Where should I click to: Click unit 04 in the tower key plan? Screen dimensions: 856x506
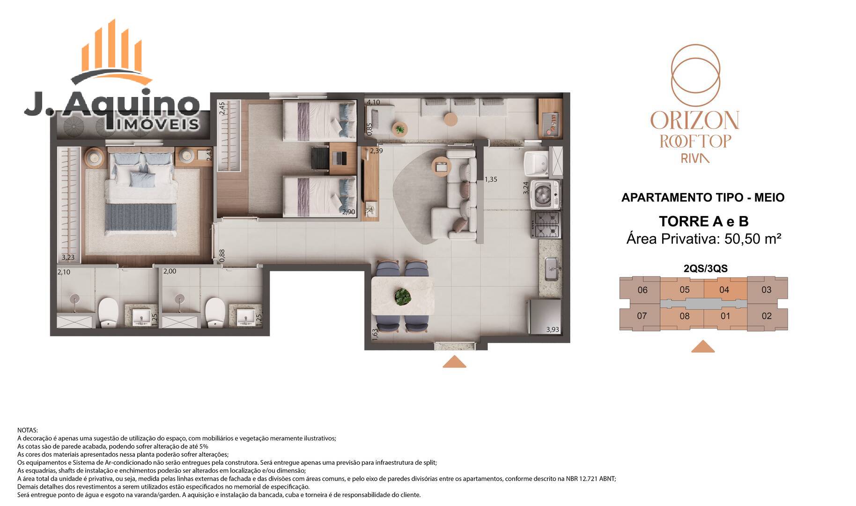[724, 290]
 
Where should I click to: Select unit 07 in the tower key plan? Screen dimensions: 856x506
[642, 316]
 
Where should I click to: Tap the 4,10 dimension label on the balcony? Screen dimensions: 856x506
[373, 102]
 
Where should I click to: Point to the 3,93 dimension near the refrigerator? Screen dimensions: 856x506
[553, 329]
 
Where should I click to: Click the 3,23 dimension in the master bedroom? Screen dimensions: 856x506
[68, 257]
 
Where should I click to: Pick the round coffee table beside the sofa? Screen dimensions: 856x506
[442, 165]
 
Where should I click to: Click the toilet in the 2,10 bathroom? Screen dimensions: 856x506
[108, 312]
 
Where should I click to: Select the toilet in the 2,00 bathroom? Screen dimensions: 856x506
[216, 312]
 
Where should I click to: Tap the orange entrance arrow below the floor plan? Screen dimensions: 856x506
[454, 362]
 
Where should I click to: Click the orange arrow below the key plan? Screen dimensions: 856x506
[703, 346]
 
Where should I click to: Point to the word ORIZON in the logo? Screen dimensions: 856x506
[694, 120]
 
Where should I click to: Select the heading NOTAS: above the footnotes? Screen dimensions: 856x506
[28, 430]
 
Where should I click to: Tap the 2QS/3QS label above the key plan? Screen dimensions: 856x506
[706, 268]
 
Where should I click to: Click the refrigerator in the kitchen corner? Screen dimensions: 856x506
[544, 317]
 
